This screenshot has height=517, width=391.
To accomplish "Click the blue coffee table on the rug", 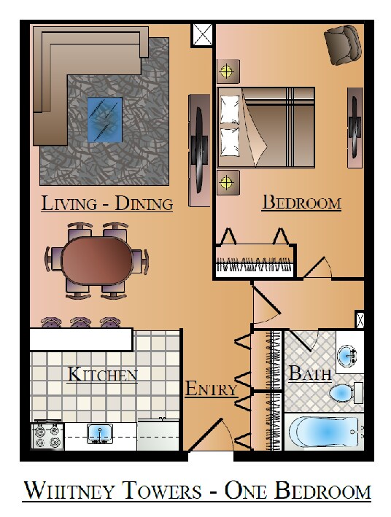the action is [x=105, y=120].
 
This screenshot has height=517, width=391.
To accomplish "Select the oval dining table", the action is [x=97, y=261].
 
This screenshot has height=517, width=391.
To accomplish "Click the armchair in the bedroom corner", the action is [x=343, y=44].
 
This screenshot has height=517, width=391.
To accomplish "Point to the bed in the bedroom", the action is [x=266, y=128].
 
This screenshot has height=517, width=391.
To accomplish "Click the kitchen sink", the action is [x=99, y=434].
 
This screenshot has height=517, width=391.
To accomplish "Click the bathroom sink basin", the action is [x=347, y=355].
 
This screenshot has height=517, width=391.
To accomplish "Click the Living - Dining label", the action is [x=107, y=203].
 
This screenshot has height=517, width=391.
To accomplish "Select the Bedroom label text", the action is [x=301, y=203].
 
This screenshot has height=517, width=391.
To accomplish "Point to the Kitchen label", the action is [x=102, y=375].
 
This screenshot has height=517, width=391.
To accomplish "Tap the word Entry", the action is [x=211, y=389].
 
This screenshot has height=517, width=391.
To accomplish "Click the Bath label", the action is [x=310, y=373].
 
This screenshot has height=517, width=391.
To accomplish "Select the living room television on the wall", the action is [x=200, y=150].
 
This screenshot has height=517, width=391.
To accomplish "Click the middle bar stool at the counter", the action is [x=80, y=322].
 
